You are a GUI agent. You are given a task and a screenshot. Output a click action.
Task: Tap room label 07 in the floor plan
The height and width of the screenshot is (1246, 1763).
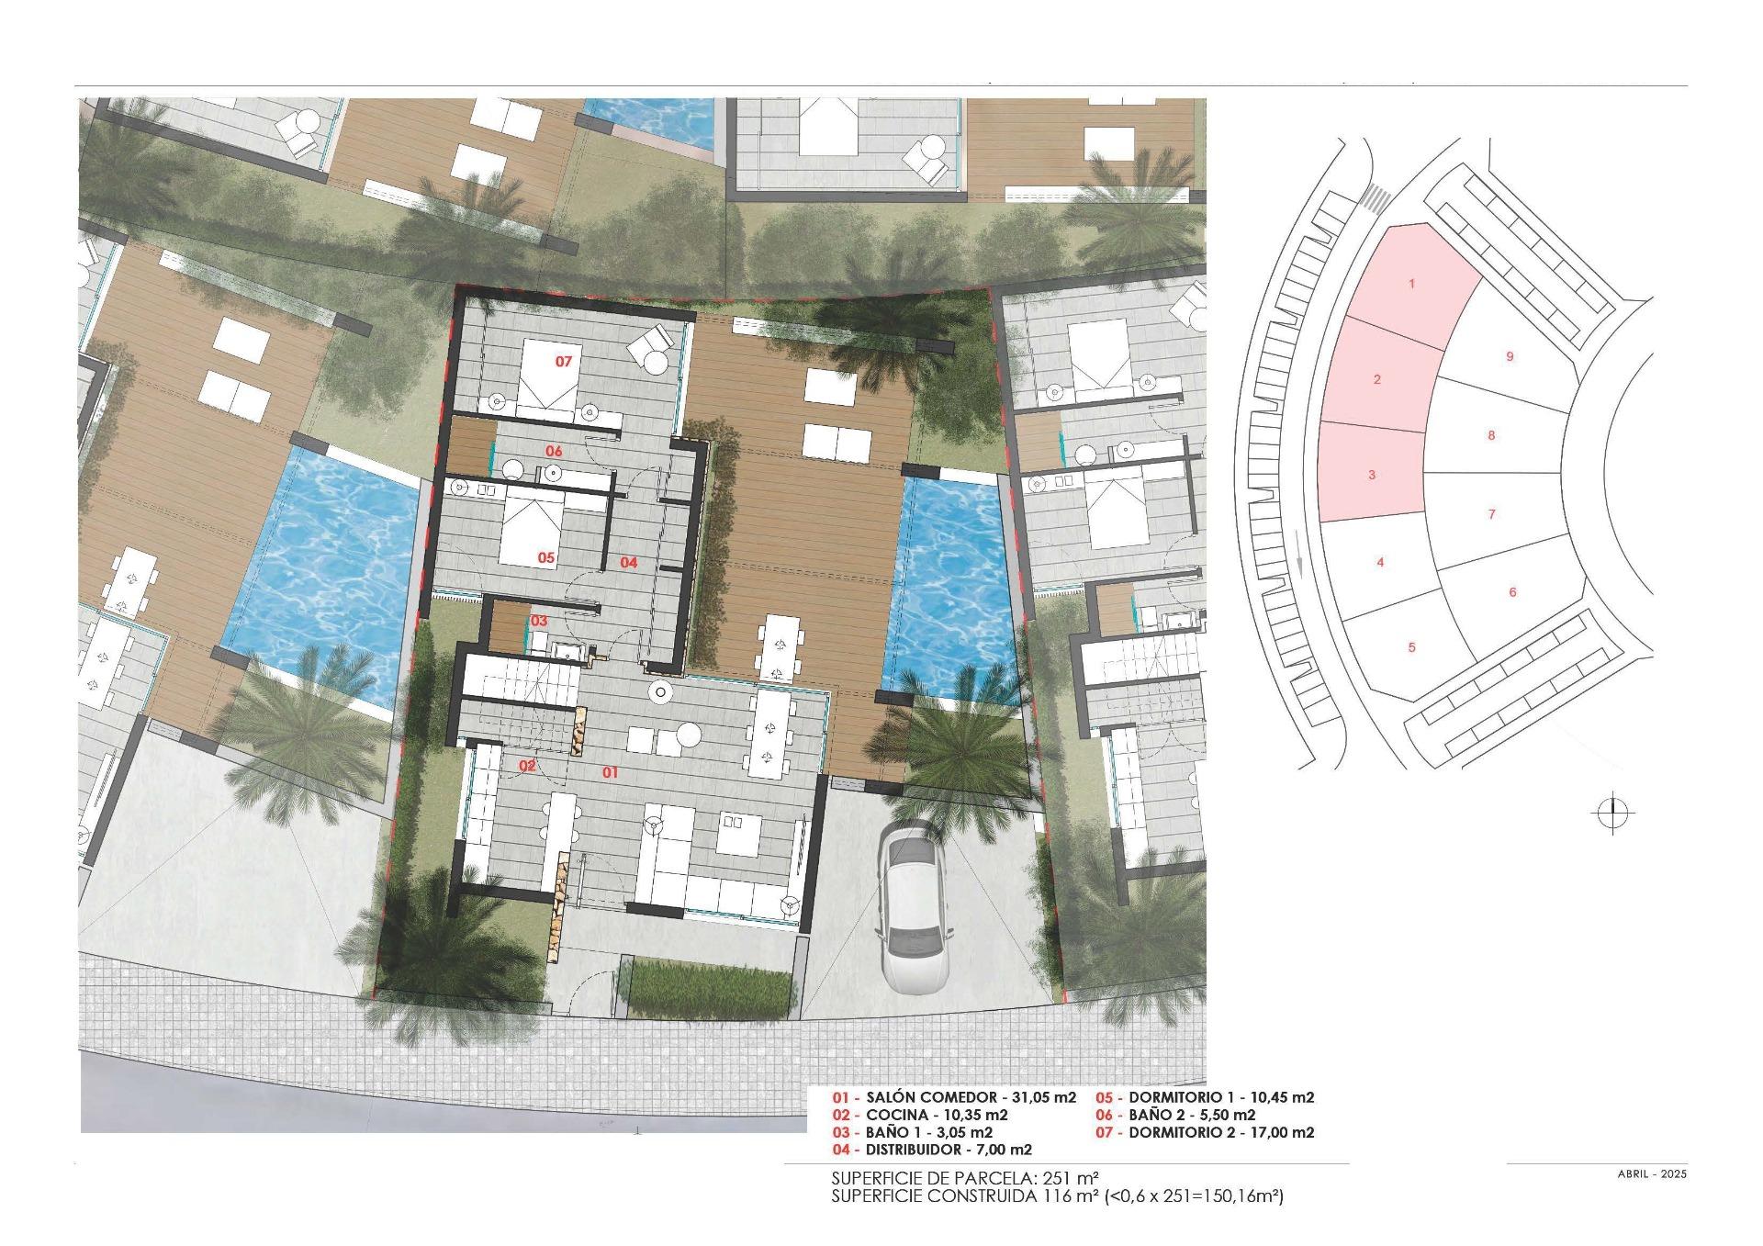(x=564, y=362)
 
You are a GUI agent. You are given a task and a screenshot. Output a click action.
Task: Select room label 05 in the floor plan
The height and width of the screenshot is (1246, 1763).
(x=546, y=557)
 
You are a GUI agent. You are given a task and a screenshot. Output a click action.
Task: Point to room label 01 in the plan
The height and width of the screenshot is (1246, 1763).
(x=610, y=773)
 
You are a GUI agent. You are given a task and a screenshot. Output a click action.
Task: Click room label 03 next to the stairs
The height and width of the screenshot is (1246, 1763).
(x=539, y=621)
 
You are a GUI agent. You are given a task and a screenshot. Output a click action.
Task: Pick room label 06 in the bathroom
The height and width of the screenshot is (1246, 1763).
(x=554, y=451)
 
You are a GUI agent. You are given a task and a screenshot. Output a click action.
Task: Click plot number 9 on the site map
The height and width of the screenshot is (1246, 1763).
(x=1510, y=357)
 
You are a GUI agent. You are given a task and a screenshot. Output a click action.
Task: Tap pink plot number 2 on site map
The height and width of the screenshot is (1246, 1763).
(x=1376, y=379)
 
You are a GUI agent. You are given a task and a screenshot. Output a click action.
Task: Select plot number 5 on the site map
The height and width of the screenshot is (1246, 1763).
(x=1411, y=647)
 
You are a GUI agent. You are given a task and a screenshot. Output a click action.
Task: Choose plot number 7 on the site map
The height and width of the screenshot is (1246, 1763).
(x=1491, y=514)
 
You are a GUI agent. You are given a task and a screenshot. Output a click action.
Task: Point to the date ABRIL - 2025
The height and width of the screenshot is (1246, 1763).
(x=1652, y=1174)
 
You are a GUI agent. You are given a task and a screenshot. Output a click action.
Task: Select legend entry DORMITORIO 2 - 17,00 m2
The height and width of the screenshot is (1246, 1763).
(x=1206, y=1133)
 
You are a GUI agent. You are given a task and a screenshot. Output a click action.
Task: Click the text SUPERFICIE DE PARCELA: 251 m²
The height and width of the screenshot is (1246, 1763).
(x=964, y=1178)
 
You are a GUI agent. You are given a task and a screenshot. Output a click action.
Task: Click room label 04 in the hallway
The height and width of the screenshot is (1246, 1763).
(x=628, y=562)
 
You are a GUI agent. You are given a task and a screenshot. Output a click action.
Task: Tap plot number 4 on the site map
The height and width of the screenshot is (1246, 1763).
(x=1380, y=563)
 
